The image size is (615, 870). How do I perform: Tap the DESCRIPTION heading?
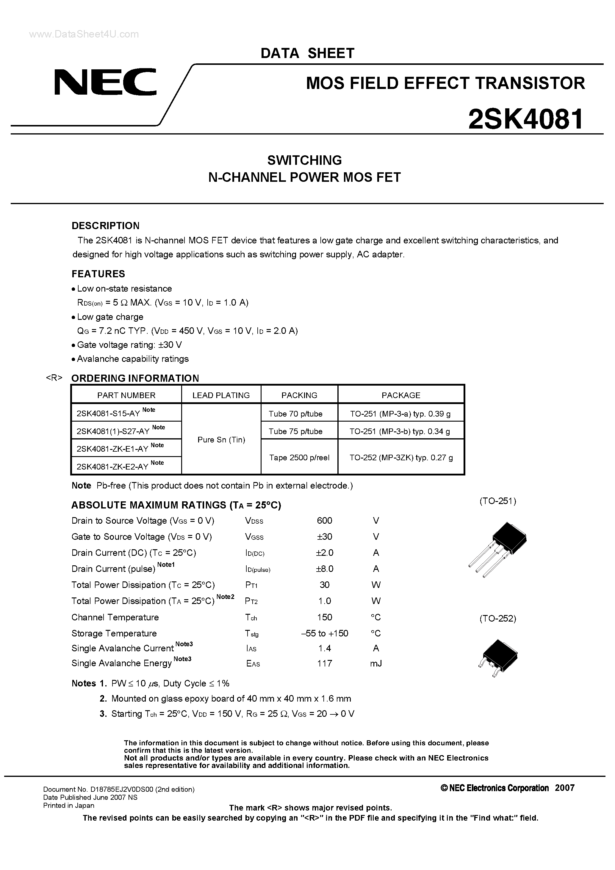coord(105,226)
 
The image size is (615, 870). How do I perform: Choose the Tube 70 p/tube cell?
coord(295,414)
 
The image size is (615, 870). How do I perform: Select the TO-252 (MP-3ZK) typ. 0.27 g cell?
coord(401,458)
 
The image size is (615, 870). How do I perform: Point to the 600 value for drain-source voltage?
coord(324,521)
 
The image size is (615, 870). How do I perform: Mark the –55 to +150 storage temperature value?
coord(325,633)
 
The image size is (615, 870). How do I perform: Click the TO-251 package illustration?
coord(497,550)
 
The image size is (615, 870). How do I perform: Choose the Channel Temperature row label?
coord(115,617)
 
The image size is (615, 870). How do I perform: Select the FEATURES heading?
coord(98,274)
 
